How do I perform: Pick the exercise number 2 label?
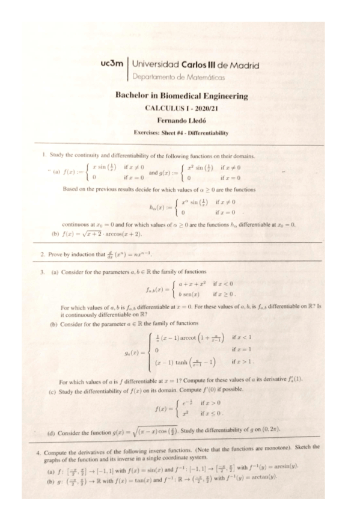pos(41,255)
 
